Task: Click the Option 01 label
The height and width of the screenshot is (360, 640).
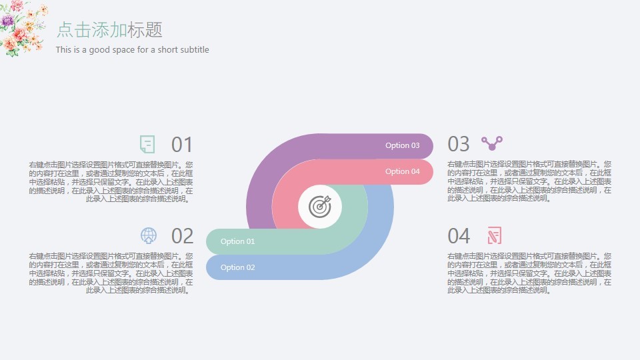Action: [x=237, y=241]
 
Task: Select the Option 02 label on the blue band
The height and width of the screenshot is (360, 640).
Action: [x=237, y=267]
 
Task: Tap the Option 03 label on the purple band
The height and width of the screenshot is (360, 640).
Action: [x=403, y=145]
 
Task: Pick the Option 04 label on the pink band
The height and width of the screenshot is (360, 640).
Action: [x=403, y=171]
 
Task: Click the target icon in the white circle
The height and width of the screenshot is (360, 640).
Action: [x=320, y=207]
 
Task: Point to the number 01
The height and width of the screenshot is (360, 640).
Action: [x=182, y=145]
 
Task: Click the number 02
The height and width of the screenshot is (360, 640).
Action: [x=182, y=236]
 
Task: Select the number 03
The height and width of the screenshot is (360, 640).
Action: [x=459, y=144]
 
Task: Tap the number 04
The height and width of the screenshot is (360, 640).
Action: [x=459, y=236]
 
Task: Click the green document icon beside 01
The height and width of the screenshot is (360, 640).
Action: [x=147, y=144]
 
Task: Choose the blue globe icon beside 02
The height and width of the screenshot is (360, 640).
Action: [x=149, y=235]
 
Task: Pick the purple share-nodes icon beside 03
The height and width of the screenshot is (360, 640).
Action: [x=492, y=143]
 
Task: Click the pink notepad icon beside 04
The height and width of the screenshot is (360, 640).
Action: [x=494, y=235]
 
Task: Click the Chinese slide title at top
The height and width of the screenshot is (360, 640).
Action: [x=109, y=30]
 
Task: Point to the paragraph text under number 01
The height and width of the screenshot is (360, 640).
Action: [x=111, y=181]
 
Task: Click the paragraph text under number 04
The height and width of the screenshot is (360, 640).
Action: [x=529, y=273]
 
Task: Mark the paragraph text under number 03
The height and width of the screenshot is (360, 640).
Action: [x=529, y=181]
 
